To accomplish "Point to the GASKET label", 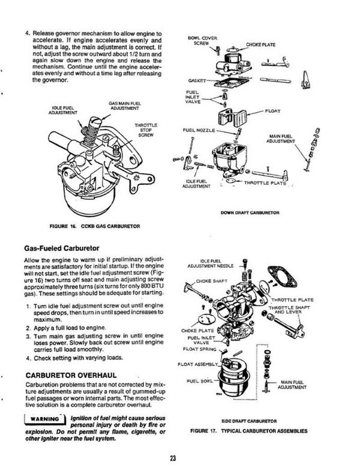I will pyautogui.click(x=197, y=80).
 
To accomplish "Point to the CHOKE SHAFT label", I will pyautogui.click(x=209, y=280).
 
